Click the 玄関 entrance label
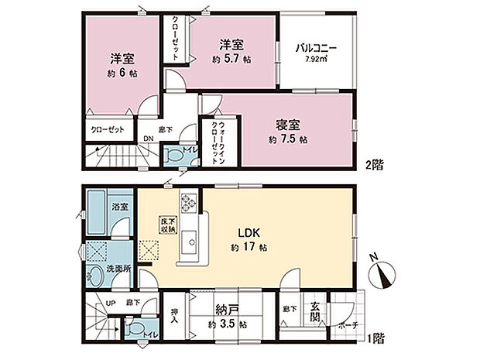317,312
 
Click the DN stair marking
147,139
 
